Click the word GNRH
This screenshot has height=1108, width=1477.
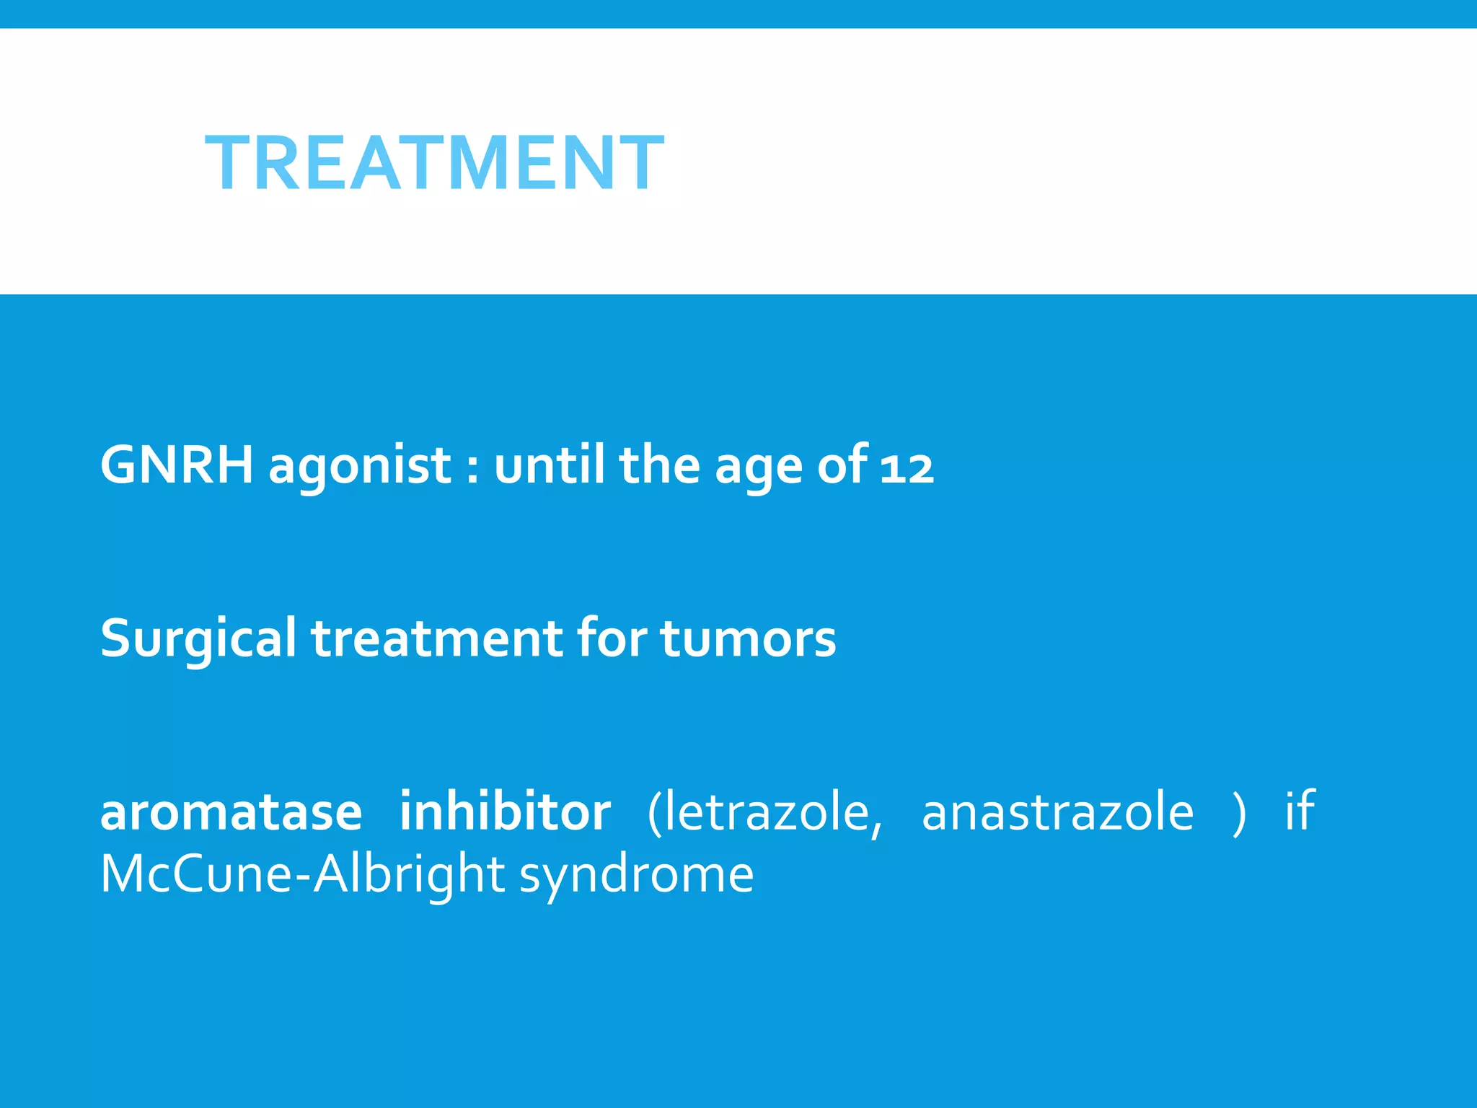(x=177, y=465)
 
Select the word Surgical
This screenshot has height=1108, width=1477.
(x=198, y=639)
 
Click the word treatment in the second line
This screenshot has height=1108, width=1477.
(x=436, y=639)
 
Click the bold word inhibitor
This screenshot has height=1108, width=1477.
(x=505, y=812)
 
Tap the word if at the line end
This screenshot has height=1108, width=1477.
(x=1300, y=812)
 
